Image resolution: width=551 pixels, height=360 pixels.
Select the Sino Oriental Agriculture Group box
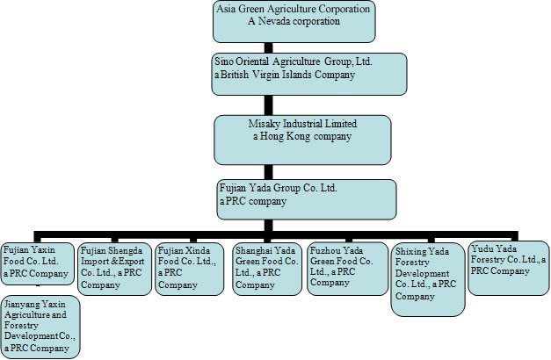tap(309, 74)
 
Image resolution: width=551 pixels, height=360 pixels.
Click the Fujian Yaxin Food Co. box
tap(36, 265)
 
